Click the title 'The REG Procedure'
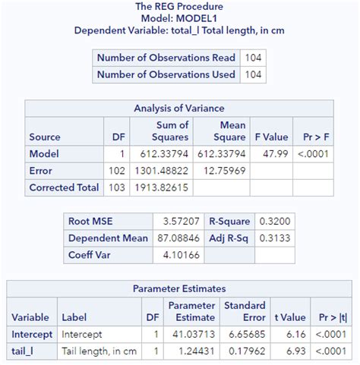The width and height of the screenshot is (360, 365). point(179,7)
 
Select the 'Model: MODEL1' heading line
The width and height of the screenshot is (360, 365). point(179,18)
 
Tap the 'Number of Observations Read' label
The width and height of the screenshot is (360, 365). point(165,58)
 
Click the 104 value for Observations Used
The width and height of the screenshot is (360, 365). point(252,74)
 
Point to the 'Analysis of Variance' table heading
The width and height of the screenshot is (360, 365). point(178,109)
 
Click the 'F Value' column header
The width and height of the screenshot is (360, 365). point(270,137)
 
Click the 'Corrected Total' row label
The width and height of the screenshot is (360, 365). point(64,187)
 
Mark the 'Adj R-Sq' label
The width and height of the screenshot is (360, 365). point(229,238)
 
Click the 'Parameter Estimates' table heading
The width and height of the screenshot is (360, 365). point(179,289)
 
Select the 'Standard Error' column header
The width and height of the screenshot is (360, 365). point(243,311)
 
